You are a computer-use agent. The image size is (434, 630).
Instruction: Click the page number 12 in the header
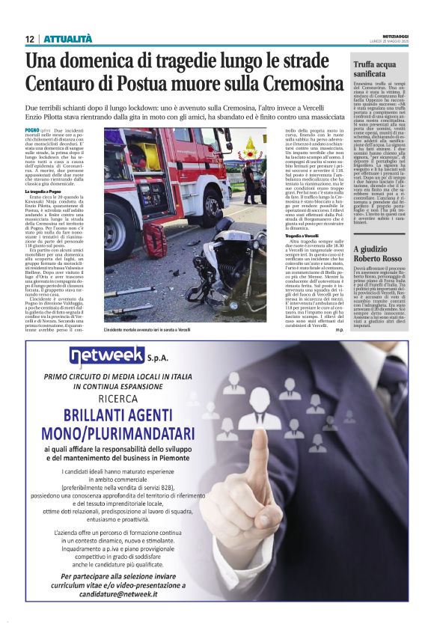coord(29,39)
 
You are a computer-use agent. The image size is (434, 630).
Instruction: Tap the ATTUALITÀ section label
coord(67,39)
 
